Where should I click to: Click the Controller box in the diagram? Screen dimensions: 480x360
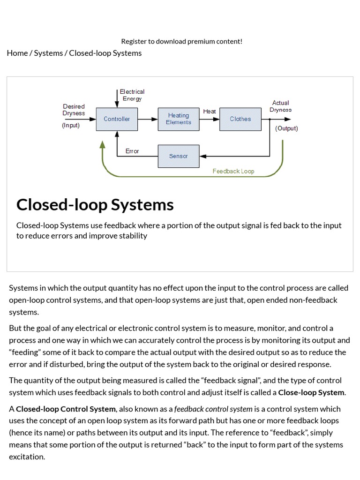(x=117, y=119)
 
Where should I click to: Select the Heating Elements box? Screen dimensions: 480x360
(x=178, y=119)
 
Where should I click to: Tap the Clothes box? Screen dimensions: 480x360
(x=240, y=119)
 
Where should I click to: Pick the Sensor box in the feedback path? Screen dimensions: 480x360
(x=178, y=156)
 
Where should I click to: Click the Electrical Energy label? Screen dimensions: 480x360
(x=132, y=95)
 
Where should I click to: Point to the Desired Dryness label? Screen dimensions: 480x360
(x=74, y=110)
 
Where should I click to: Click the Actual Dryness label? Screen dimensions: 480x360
(x=280, y=106)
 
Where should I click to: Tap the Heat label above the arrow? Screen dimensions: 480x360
(x=210, y=112)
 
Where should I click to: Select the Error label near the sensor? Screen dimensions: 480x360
(x=132, y=151)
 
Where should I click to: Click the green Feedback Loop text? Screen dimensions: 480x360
(x=233, y=171)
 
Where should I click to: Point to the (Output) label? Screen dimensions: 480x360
(x=286, y=128)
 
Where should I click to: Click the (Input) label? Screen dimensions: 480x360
(x=71, y=126)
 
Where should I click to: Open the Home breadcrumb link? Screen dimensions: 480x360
(x=17, y=53)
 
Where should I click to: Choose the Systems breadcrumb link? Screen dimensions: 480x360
(x=48, y=53)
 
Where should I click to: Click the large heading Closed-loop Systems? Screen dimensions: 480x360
(x=95, y=205)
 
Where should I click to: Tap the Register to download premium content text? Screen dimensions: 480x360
(x=182, y=41)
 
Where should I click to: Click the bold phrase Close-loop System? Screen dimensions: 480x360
(x=311, y=392)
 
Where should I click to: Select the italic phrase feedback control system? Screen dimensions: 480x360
(x=213, y=409)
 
